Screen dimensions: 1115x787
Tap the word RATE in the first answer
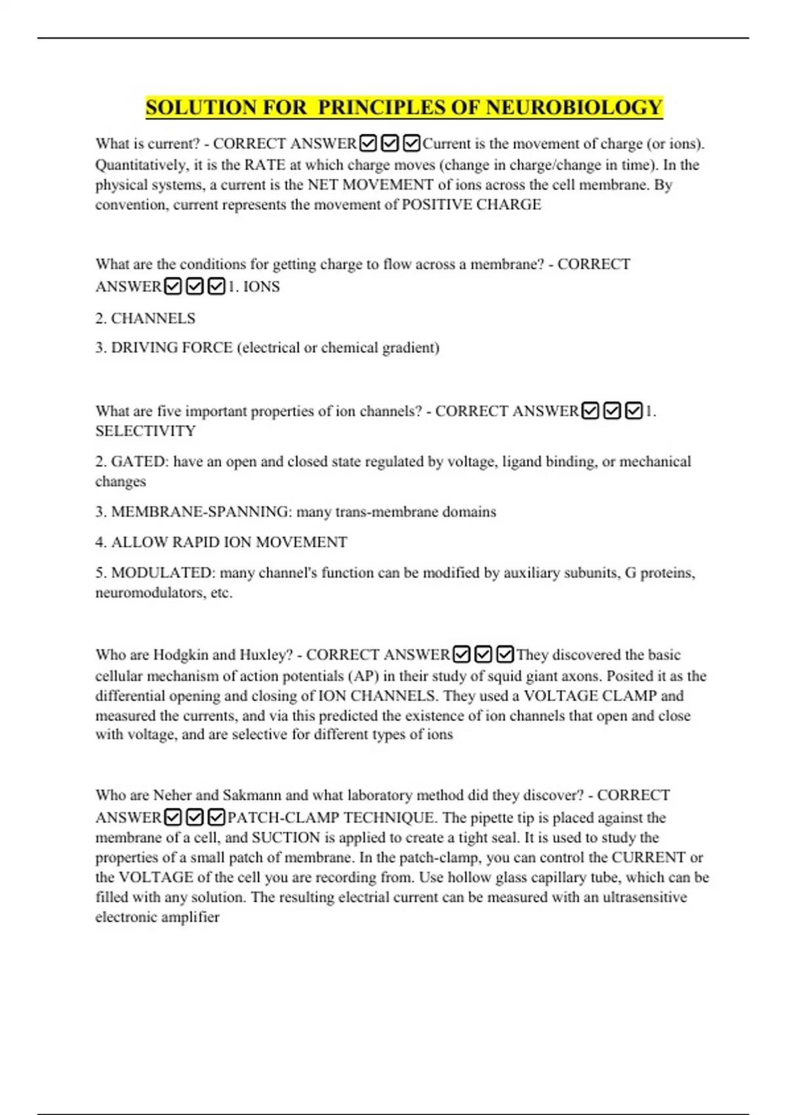264,165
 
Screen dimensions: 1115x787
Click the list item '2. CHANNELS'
145,318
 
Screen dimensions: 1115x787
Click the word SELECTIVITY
146,431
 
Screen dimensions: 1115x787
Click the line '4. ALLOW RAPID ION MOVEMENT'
221,542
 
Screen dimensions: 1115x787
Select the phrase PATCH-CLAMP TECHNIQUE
331,818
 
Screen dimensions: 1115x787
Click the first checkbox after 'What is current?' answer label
369,143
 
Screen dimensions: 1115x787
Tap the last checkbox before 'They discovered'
504,655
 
